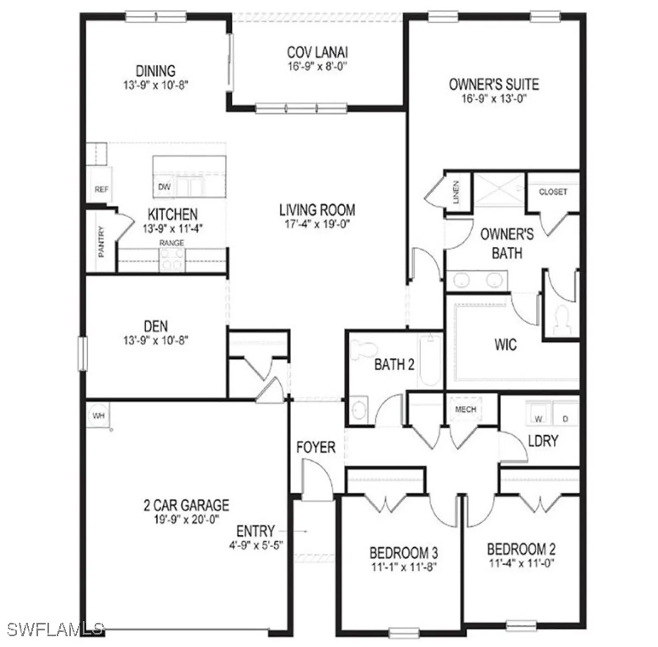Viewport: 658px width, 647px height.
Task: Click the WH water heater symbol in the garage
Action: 98,416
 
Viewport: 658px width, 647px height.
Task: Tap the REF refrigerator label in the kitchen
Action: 101,189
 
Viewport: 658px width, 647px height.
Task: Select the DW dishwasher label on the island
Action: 164,187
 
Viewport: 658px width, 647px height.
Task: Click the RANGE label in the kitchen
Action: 172,243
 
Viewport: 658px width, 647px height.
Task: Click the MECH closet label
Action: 466,409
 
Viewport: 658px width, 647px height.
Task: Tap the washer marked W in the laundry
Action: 538,418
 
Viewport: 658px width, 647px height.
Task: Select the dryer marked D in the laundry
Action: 565,418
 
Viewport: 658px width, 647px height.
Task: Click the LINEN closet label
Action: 457,192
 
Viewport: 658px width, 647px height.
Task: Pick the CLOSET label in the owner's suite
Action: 553,192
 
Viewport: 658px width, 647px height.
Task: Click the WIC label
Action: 505,344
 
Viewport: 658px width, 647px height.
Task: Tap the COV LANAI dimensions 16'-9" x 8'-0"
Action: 318,66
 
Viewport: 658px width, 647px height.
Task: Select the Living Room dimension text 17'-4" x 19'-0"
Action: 317,224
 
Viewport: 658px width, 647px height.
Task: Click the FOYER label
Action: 316,447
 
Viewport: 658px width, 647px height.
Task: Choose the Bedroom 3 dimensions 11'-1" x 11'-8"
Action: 404,566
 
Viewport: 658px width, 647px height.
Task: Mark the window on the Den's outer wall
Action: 82,354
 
